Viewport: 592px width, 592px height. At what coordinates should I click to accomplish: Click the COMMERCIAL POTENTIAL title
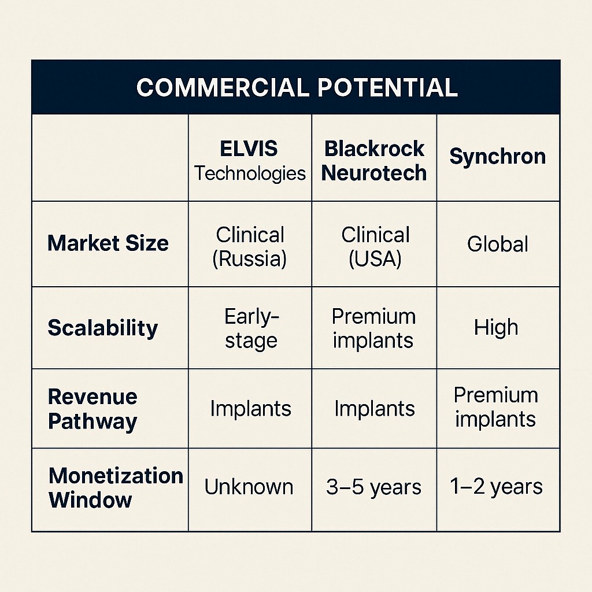[297, 88]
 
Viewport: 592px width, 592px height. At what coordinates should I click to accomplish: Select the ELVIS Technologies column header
[250, 161]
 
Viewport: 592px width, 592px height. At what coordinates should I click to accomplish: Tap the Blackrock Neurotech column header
[374, 161]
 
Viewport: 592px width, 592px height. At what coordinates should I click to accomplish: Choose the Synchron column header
[498, 156]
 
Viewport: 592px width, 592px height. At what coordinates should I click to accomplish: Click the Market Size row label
[108, 243]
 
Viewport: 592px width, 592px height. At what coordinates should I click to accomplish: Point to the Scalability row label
[103, 328]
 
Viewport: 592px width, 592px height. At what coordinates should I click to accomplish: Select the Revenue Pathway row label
[92, 409]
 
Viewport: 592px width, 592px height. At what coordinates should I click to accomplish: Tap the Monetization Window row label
[116, 487]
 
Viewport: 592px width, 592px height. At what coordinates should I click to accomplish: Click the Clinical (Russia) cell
[250, 247]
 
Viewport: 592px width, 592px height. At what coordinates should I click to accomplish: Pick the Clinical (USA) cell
[375, 247]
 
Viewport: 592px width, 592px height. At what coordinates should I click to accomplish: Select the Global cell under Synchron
[498, 243]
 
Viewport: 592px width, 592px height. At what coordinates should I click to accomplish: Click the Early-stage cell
[251, 328]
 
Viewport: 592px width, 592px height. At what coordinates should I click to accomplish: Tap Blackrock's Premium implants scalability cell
[373, 328]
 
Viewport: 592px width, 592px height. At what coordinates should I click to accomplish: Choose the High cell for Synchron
[496, 327]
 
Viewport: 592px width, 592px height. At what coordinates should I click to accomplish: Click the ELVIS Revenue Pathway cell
[251, 409]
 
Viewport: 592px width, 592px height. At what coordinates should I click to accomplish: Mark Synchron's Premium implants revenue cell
[495, 408]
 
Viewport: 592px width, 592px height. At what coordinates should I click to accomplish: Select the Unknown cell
[249, 487]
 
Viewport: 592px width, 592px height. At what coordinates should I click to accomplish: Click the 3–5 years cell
[374, 487]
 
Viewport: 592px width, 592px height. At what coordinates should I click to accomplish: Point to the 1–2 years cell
[496, 487]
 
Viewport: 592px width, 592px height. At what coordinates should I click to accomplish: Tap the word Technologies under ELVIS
[250, 174]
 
